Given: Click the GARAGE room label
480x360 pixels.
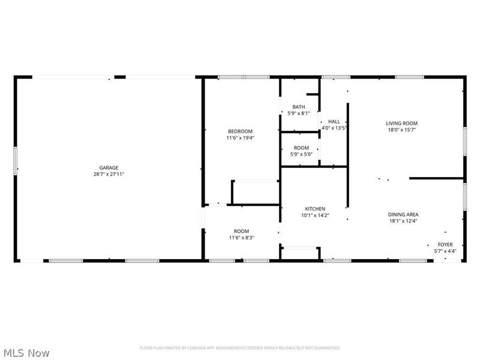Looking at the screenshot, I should [x=109, y=167].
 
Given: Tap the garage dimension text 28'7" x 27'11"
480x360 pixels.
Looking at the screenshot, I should [x=109, y=174].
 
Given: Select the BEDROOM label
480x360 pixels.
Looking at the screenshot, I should [x=240, y=131].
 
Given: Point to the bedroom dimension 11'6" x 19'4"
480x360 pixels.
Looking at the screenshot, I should [x=240, y=138].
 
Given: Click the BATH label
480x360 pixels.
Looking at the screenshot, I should [x=298, y=107].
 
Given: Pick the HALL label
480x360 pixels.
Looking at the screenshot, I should [x=334, y=121].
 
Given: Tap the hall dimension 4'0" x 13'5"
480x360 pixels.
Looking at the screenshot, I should [x=334, y=128].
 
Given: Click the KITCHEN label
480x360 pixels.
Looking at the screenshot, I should [x=315, y=209].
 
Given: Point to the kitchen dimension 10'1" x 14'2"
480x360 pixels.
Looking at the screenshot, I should [x=315, y=215].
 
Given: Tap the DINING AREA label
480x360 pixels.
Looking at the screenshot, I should [x=403, y=214].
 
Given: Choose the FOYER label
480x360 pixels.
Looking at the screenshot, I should [x=445, y=244].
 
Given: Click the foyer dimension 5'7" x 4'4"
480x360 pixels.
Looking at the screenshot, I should [x=445, y=251].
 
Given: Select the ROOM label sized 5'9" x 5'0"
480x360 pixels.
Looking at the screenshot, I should [x=301, y=148].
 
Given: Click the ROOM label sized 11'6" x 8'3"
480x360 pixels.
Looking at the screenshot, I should [x=241, y=231].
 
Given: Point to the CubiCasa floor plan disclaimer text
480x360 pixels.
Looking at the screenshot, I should [x=240, y=348].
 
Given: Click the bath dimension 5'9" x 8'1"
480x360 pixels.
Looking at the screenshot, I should [x=298, y=113].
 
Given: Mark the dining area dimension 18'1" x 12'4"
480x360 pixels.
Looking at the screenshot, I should [x=403, y=221].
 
